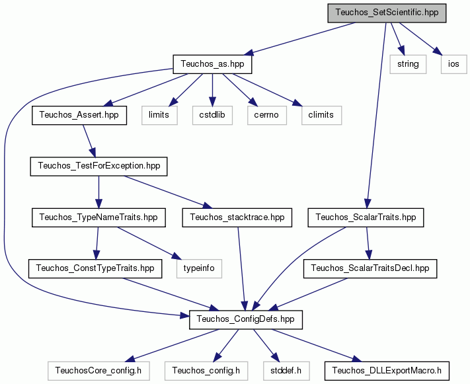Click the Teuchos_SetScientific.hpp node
[387, 13]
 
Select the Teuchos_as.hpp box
[212, 64]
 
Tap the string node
[408, 64]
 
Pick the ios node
[454, 64]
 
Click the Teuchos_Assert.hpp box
[79, 115]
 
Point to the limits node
[159, 115]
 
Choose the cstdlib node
[212, 115]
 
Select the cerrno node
[267, 115]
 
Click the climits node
[321, 115]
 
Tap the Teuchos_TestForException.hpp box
[98, 166]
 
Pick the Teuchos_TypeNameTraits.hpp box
[98, 217]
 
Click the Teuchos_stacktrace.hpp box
[237, 217]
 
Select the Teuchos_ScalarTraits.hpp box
[366, 217]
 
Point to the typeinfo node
[199, 268]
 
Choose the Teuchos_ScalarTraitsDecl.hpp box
[370, 268]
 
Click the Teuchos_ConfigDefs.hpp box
[246, 319]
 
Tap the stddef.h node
[286, 371]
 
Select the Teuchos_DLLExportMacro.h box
[387, 371]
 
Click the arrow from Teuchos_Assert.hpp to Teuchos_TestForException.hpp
[89, 141]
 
